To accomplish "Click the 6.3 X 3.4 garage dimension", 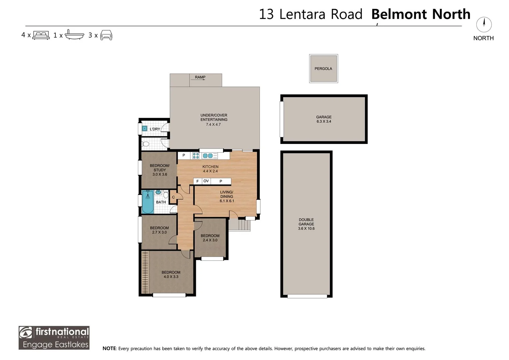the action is pos(324,121).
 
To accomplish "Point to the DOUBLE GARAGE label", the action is pos(306,222).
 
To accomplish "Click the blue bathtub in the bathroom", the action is pos(148,202).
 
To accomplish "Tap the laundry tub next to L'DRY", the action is pos(145,129).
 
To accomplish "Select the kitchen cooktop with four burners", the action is pos(196,156).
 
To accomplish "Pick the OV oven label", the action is pos(206,181).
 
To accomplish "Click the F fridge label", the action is pos(197,181).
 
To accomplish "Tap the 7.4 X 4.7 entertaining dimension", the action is pos(213,124).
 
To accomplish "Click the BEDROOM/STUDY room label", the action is pos(160,168).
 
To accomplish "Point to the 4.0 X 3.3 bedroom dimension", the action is pos(171,277).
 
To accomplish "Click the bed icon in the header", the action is pos(41,35).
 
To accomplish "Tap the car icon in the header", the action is pos(106,35).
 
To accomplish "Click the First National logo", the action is pos(54,338).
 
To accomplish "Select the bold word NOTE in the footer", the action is pos(109,348).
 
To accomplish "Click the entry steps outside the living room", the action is pos(240,225).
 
